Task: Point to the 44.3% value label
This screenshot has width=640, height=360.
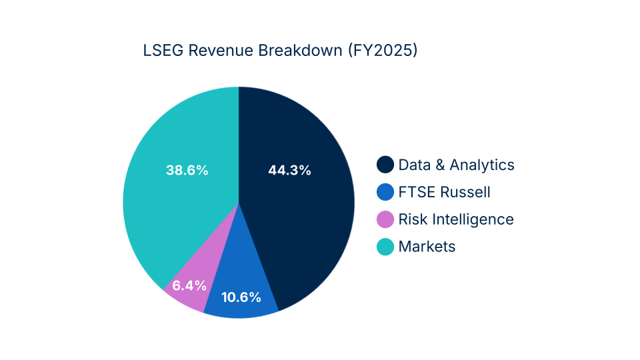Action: click(289, 170)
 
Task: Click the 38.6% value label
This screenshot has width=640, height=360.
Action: click(187, 170)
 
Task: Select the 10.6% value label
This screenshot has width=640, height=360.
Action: click(241, 297)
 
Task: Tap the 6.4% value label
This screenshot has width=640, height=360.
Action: click(189, 285)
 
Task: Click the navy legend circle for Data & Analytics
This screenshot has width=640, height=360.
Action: click(385, 165)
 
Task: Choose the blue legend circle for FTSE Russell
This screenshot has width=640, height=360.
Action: click(385, 192)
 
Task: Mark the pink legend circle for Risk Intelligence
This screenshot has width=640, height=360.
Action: click(385, 219)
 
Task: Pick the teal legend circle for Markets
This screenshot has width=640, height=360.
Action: click(385, 247)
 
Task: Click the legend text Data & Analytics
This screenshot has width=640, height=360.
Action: click(457, 165)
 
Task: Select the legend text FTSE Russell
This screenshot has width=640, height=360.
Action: click(445, 192)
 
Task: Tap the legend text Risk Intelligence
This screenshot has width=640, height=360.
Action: click(456, 219)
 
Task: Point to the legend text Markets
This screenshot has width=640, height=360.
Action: click(427, 247)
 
